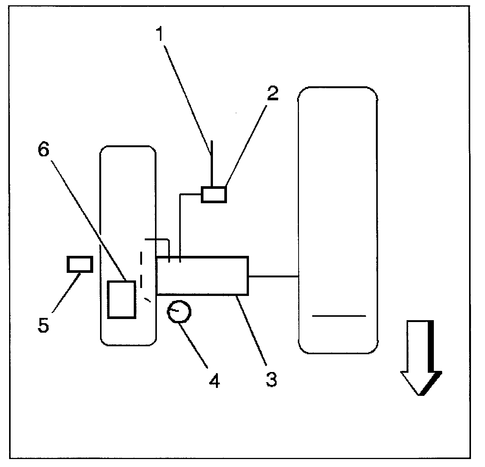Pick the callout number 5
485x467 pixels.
click(x=44, y=325)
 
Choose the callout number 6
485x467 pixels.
click(x=44, y=150)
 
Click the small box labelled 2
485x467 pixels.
click(x=214, y=195)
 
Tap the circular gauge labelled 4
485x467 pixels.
click(x=179, y=311)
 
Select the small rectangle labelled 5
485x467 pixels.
click(x=80, y=264)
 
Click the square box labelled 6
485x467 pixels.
click(x=121, y=299)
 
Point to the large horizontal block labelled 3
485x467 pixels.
click(x=202, y=276)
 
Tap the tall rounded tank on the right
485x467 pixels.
click(x=338, y=219)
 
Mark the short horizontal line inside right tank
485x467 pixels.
click(x=339, y=315)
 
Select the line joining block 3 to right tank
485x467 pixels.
click(x=273, y=277)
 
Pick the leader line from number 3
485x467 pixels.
click(x=252, y=330)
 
